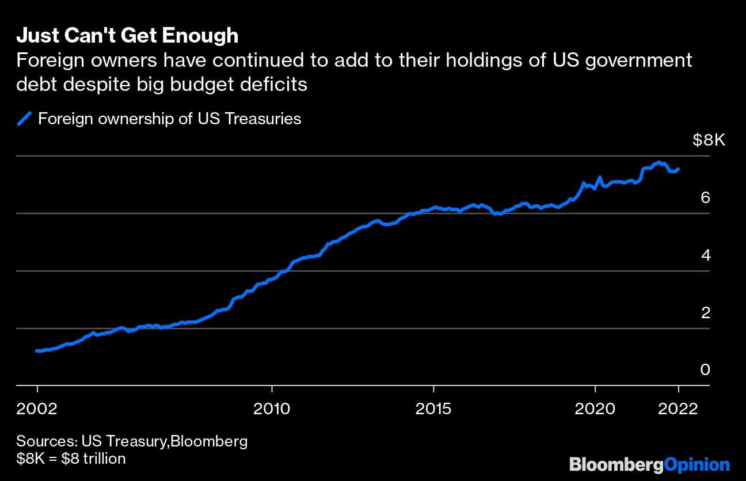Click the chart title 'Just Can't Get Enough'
click(x=127, y=36)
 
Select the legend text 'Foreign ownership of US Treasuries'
click(x=169, y=119)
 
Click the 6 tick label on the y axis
click(x=705, y=198)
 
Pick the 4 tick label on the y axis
click(x=705, y=255)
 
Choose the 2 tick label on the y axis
click(x=705, y=313)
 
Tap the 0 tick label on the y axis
click(x=705, y=369)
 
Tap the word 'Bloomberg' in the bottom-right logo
click(x=616, y=464)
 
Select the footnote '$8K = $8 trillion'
click(x=71, y=459)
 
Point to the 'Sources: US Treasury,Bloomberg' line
click(x=132, y=442)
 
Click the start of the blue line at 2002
click(x=37, y=350)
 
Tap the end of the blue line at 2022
click(x=678, y=169)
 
